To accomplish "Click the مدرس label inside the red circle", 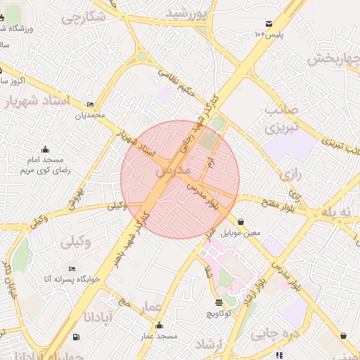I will (x=172, y=171).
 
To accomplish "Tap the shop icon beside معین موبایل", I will (x=241, y=221).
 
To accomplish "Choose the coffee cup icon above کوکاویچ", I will (x=219, y=302).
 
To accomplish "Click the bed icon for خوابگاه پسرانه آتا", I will (x=72, y=269).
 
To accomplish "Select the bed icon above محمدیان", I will (x=90, y=104).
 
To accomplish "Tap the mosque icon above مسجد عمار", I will (x=160, y=326).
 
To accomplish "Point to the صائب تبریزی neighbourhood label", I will (x=282, y=120).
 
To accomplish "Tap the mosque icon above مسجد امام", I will (x=46, y=148).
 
